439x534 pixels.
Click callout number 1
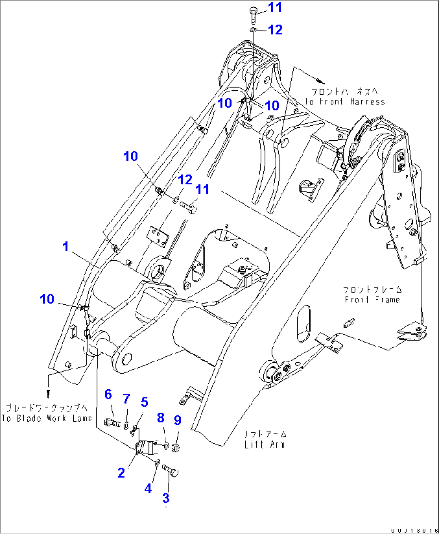pos(66,247)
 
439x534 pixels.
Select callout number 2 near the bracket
pos(121,473)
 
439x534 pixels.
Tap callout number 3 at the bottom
pos(166,498)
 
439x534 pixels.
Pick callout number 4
pos(148,488)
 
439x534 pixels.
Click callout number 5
pos(145,402)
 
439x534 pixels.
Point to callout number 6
pos(108,394)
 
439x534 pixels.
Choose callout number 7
pos(126,399)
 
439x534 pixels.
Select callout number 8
pos(161,418)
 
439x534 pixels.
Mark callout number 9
pos(178,420)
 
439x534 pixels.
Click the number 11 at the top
pos(275,7)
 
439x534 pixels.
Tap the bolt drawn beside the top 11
pos(253,15)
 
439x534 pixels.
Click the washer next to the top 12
pos(253,30)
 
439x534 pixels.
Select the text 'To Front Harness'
pos(345,102)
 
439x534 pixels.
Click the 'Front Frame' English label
pos(372,299)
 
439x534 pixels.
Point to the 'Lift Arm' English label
pos(265,445)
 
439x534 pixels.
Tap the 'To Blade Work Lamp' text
pos(47,418)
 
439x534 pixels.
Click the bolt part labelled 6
pos(112,423)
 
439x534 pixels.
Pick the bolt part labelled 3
pos(171,470)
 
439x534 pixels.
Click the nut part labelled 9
pos(176,447)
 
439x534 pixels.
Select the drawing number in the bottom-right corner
pos(414,530)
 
